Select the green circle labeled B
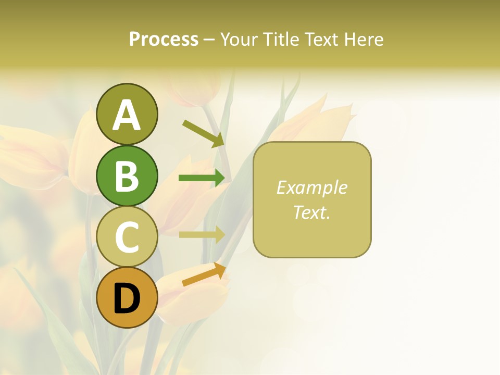[127, 176]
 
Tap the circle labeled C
[127, 237]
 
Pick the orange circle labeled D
[127, 297]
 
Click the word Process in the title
[164, 40]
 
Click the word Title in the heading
[282, 40]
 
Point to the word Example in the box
[312, 187]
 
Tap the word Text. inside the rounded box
[312, 212]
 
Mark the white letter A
[127, 115]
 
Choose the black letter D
[127, 300]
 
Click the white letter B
[127, 177]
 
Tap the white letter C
[127, 238]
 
